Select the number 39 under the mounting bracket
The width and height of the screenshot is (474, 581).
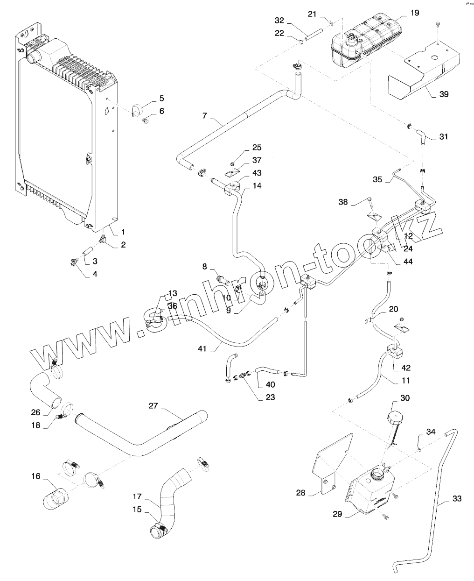pyautogui.click(x=444, y=94)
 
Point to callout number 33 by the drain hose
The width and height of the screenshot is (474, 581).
pyautogui.click(x=457, y=499)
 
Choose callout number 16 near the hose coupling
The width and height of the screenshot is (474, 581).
pyautogui.click(x=36, y=476)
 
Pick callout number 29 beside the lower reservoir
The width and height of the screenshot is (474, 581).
pyautogui.click(x=338, y=514)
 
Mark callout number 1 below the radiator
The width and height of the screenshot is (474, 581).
pyautogui.click(x=123, y=232)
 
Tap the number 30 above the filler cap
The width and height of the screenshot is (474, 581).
pyautogui.click(x=405, y=398)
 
